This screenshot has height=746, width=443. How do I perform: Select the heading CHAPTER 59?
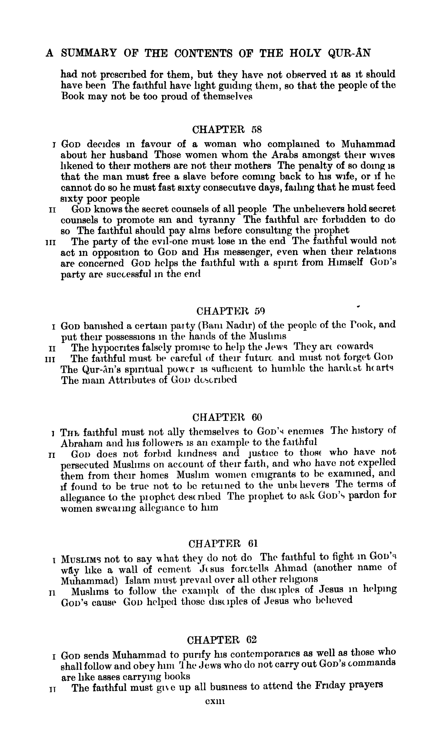pos(230,311)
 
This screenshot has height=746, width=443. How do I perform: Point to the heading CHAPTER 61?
pos(223,543)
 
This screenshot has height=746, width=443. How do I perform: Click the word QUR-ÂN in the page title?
pos(349,53)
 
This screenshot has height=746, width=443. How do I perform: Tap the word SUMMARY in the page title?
pos(89,53)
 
